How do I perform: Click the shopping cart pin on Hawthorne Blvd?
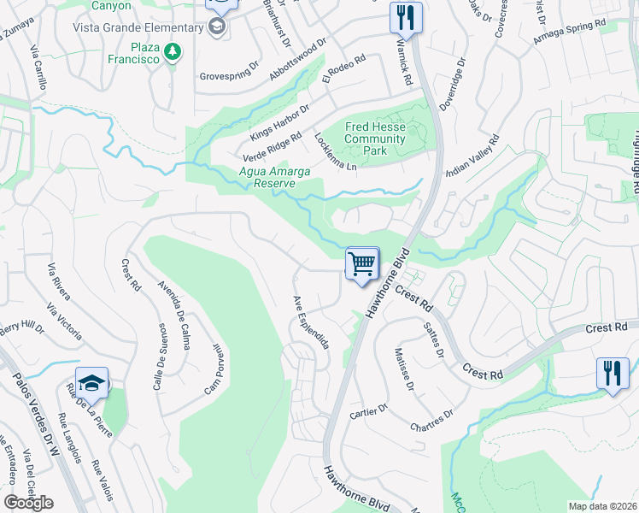click(363, 264)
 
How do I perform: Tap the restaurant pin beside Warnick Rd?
click(406, 17)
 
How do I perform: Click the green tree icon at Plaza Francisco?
click(173, 52)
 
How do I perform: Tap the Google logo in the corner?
click(28, 503)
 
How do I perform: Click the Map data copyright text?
click(603, 506)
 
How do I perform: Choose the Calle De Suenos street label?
click(159, 357)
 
